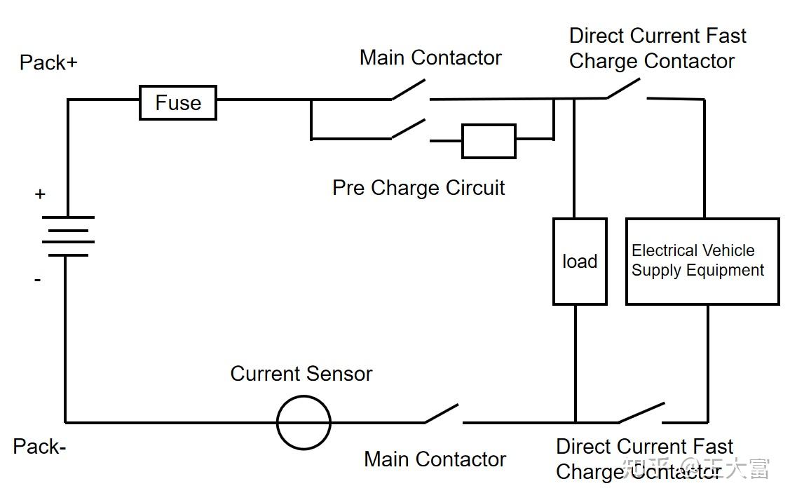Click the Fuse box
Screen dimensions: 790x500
pos(178,103)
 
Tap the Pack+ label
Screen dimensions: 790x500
pos(48,63)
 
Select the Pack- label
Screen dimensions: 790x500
pos(39,447)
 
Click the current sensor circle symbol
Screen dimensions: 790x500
pos(304,422)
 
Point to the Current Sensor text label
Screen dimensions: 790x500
pos(301,374)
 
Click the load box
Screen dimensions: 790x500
pos(580,262)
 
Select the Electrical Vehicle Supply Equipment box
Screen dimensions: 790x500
pos(702,262)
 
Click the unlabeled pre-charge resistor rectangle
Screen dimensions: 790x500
pos(489,141)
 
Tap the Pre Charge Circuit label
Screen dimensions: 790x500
pos(418,188)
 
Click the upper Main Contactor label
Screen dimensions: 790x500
pos(431,58)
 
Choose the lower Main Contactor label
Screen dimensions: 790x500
pos(435,460)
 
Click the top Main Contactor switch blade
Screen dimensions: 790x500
pos(409,89)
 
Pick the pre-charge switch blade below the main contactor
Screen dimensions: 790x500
pos(409,128)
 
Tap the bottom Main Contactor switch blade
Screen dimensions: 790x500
pos(442,413)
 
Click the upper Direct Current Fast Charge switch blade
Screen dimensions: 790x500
pos(623,88)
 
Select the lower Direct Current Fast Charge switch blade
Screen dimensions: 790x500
pos(641,412)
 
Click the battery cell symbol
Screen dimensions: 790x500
pos(68,236)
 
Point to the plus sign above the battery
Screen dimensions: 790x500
pos(40,194)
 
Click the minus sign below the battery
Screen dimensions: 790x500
pos(37,279)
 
